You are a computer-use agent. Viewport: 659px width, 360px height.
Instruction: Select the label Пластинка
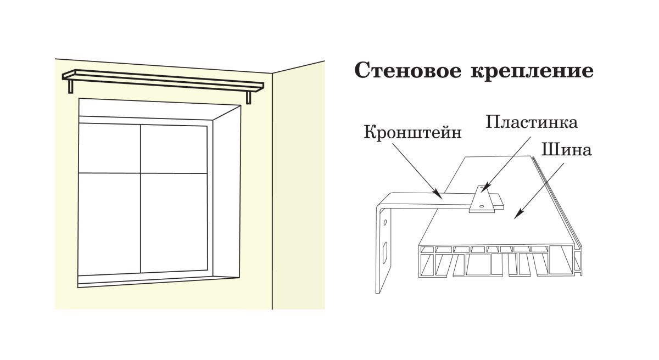532,121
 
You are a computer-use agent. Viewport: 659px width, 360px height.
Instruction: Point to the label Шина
566,149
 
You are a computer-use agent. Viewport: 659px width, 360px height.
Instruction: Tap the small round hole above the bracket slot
385,223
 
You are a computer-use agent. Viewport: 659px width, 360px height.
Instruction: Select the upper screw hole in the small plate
482,189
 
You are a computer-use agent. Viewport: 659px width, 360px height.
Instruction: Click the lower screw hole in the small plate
482,206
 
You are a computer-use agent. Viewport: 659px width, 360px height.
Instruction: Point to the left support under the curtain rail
71,86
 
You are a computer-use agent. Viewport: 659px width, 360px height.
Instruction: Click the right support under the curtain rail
249,97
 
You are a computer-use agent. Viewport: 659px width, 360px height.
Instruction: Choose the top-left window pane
109,148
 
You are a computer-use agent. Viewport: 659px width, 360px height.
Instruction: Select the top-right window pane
174,148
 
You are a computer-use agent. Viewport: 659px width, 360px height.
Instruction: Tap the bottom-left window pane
109,222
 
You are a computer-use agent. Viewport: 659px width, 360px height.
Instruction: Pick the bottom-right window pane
174,222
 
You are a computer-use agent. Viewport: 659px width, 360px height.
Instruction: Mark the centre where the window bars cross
141,173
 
